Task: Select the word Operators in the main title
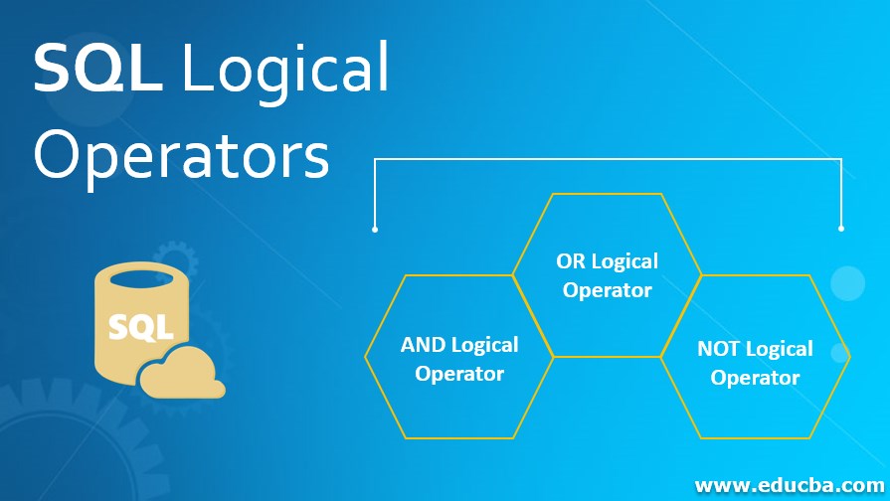(x=181, y=156)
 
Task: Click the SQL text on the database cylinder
(x=140, y=326)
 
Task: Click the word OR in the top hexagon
(x=571, y=261)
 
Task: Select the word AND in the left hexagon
(x=423, y=345)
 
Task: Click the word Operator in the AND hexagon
(x=459, y=374)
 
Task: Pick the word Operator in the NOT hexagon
(x=755, y=378)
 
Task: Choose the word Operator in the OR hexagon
(x=607, y=290)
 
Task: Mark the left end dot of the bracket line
(x=375, y=230)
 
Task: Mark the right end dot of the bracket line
(x=841, y=229)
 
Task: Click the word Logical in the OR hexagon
(x=624, y=261)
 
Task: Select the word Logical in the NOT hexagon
(x=779, y=349)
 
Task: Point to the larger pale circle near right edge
(x=847, y=283)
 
